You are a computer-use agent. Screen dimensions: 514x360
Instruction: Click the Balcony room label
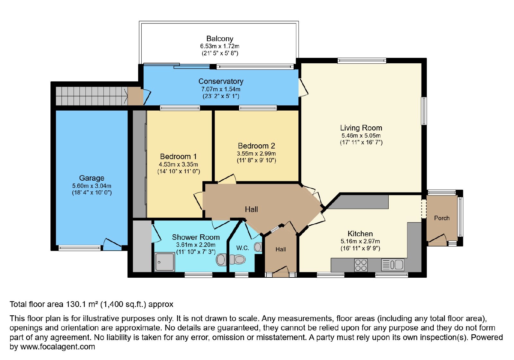coord(220,39)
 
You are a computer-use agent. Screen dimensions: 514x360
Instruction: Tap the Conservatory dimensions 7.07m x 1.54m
coord(221,89)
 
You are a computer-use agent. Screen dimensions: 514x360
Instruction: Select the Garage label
coord(92,178)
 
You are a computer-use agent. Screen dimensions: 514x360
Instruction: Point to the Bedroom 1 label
coord(178,157)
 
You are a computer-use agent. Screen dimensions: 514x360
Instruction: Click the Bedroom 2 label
coord(256,146)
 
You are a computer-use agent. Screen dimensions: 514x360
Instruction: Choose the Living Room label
coord(361,128)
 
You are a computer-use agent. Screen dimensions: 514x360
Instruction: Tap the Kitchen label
coord(360,234)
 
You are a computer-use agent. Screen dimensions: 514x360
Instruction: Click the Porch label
coord(442,218)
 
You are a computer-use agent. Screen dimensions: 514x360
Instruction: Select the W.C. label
coord(243,248)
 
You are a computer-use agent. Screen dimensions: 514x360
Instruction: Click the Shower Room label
coord(196,237)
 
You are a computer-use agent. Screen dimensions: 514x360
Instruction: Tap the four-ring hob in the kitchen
coord(361,265)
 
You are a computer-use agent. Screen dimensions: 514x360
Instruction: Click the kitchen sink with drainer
coord(393,265)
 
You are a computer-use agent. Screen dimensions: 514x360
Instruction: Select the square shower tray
coord(164,262)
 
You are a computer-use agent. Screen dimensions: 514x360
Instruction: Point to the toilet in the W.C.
coord(237,259)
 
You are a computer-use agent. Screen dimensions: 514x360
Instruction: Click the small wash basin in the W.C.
coord(258,247)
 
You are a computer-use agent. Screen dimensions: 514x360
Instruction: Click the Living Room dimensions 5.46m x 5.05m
coord(361,135)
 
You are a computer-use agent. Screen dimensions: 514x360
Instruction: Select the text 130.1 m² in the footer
coord(81,304)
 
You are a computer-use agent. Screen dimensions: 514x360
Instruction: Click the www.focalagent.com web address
coord(58,346)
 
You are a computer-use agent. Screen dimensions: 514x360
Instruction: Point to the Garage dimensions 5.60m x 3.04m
coord(92,186)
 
